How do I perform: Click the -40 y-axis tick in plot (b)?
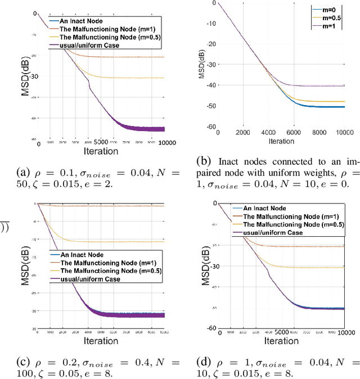point(210,85)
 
